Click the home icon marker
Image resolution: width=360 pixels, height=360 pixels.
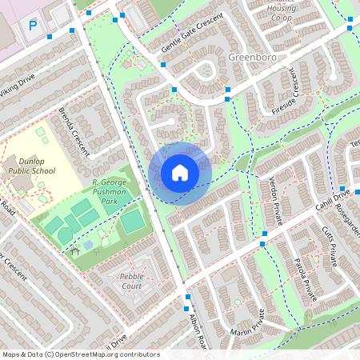180,172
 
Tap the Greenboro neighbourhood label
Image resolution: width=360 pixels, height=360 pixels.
253,58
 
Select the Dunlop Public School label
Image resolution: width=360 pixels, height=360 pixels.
32,164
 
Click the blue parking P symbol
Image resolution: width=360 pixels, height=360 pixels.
33,26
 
